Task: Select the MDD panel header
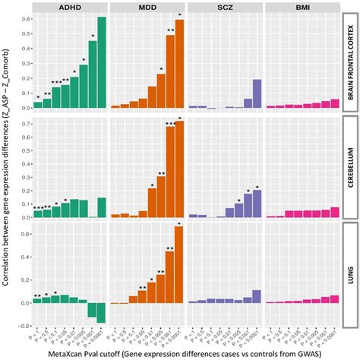coord(147,8)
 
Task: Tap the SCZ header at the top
coord(224,8)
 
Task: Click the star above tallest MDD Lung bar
coord(179,223)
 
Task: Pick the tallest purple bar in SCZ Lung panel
coord(257,296)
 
